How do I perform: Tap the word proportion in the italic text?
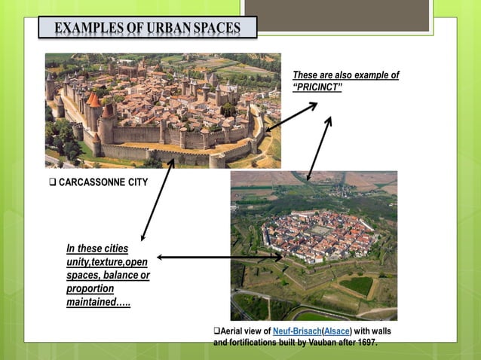[x=90, y=289]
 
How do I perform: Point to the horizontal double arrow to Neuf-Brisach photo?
[x=219, y=258]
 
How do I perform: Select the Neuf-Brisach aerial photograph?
[x=314, y=245]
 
